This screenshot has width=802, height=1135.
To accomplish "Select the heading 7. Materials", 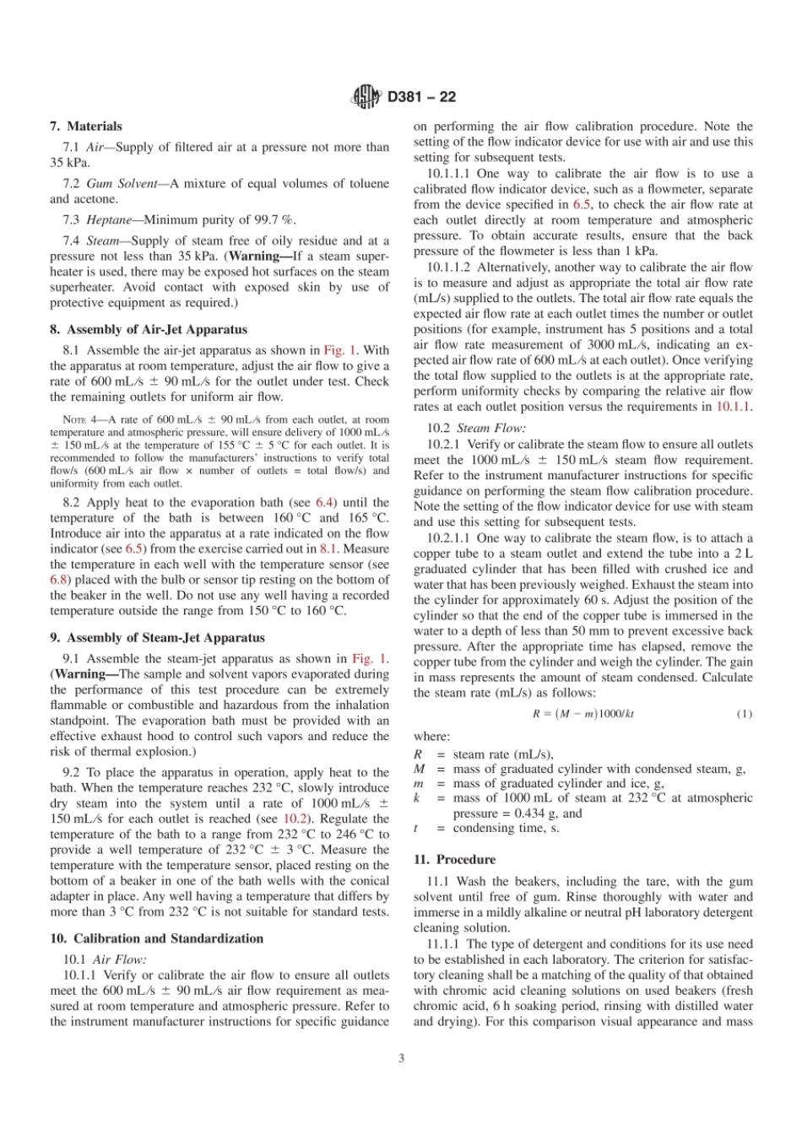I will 85,127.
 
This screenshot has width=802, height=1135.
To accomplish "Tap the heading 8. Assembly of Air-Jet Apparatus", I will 149,329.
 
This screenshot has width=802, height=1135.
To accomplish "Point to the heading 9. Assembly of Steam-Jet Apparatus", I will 157,638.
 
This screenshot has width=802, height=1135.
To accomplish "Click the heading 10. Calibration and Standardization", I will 156,938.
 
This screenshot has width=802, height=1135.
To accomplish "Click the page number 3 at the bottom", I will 401,1058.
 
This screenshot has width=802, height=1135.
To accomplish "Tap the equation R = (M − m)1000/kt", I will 583,714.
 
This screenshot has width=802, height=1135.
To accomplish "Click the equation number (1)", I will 744,714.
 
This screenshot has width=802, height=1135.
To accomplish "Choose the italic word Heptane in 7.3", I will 109,219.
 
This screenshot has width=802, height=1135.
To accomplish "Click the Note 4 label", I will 82,419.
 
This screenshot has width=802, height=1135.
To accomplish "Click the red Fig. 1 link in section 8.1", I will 341,350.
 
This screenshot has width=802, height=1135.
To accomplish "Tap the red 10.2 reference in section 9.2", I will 295,819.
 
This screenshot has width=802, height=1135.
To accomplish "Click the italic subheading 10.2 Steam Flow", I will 476,429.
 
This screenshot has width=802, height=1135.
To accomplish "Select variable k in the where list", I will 417,797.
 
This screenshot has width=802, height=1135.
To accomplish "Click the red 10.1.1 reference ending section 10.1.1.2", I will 734,407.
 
